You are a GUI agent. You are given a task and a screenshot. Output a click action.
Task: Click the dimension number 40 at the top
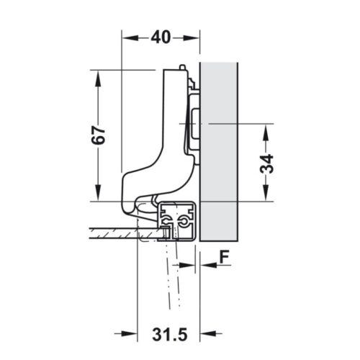coord(161,37)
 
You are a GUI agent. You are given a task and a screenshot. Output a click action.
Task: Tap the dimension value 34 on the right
coord(266,163)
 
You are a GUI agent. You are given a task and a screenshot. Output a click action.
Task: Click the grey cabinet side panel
coord(220,151)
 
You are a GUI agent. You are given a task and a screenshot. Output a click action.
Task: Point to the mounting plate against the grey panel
coord(194,122)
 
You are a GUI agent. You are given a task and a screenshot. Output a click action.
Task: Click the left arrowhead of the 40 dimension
coord(127,36)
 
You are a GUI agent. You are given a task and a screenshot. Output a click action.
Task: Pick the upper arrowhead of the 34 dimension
coord(266,130)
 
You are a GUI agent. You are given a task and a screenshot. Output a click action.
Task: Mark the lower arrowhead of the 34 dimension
coord(266,194)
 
